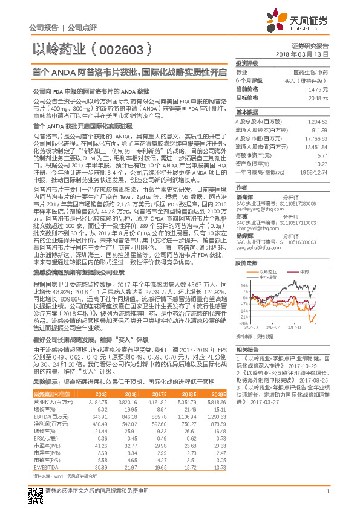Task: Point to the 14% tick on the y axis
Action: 243,267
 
